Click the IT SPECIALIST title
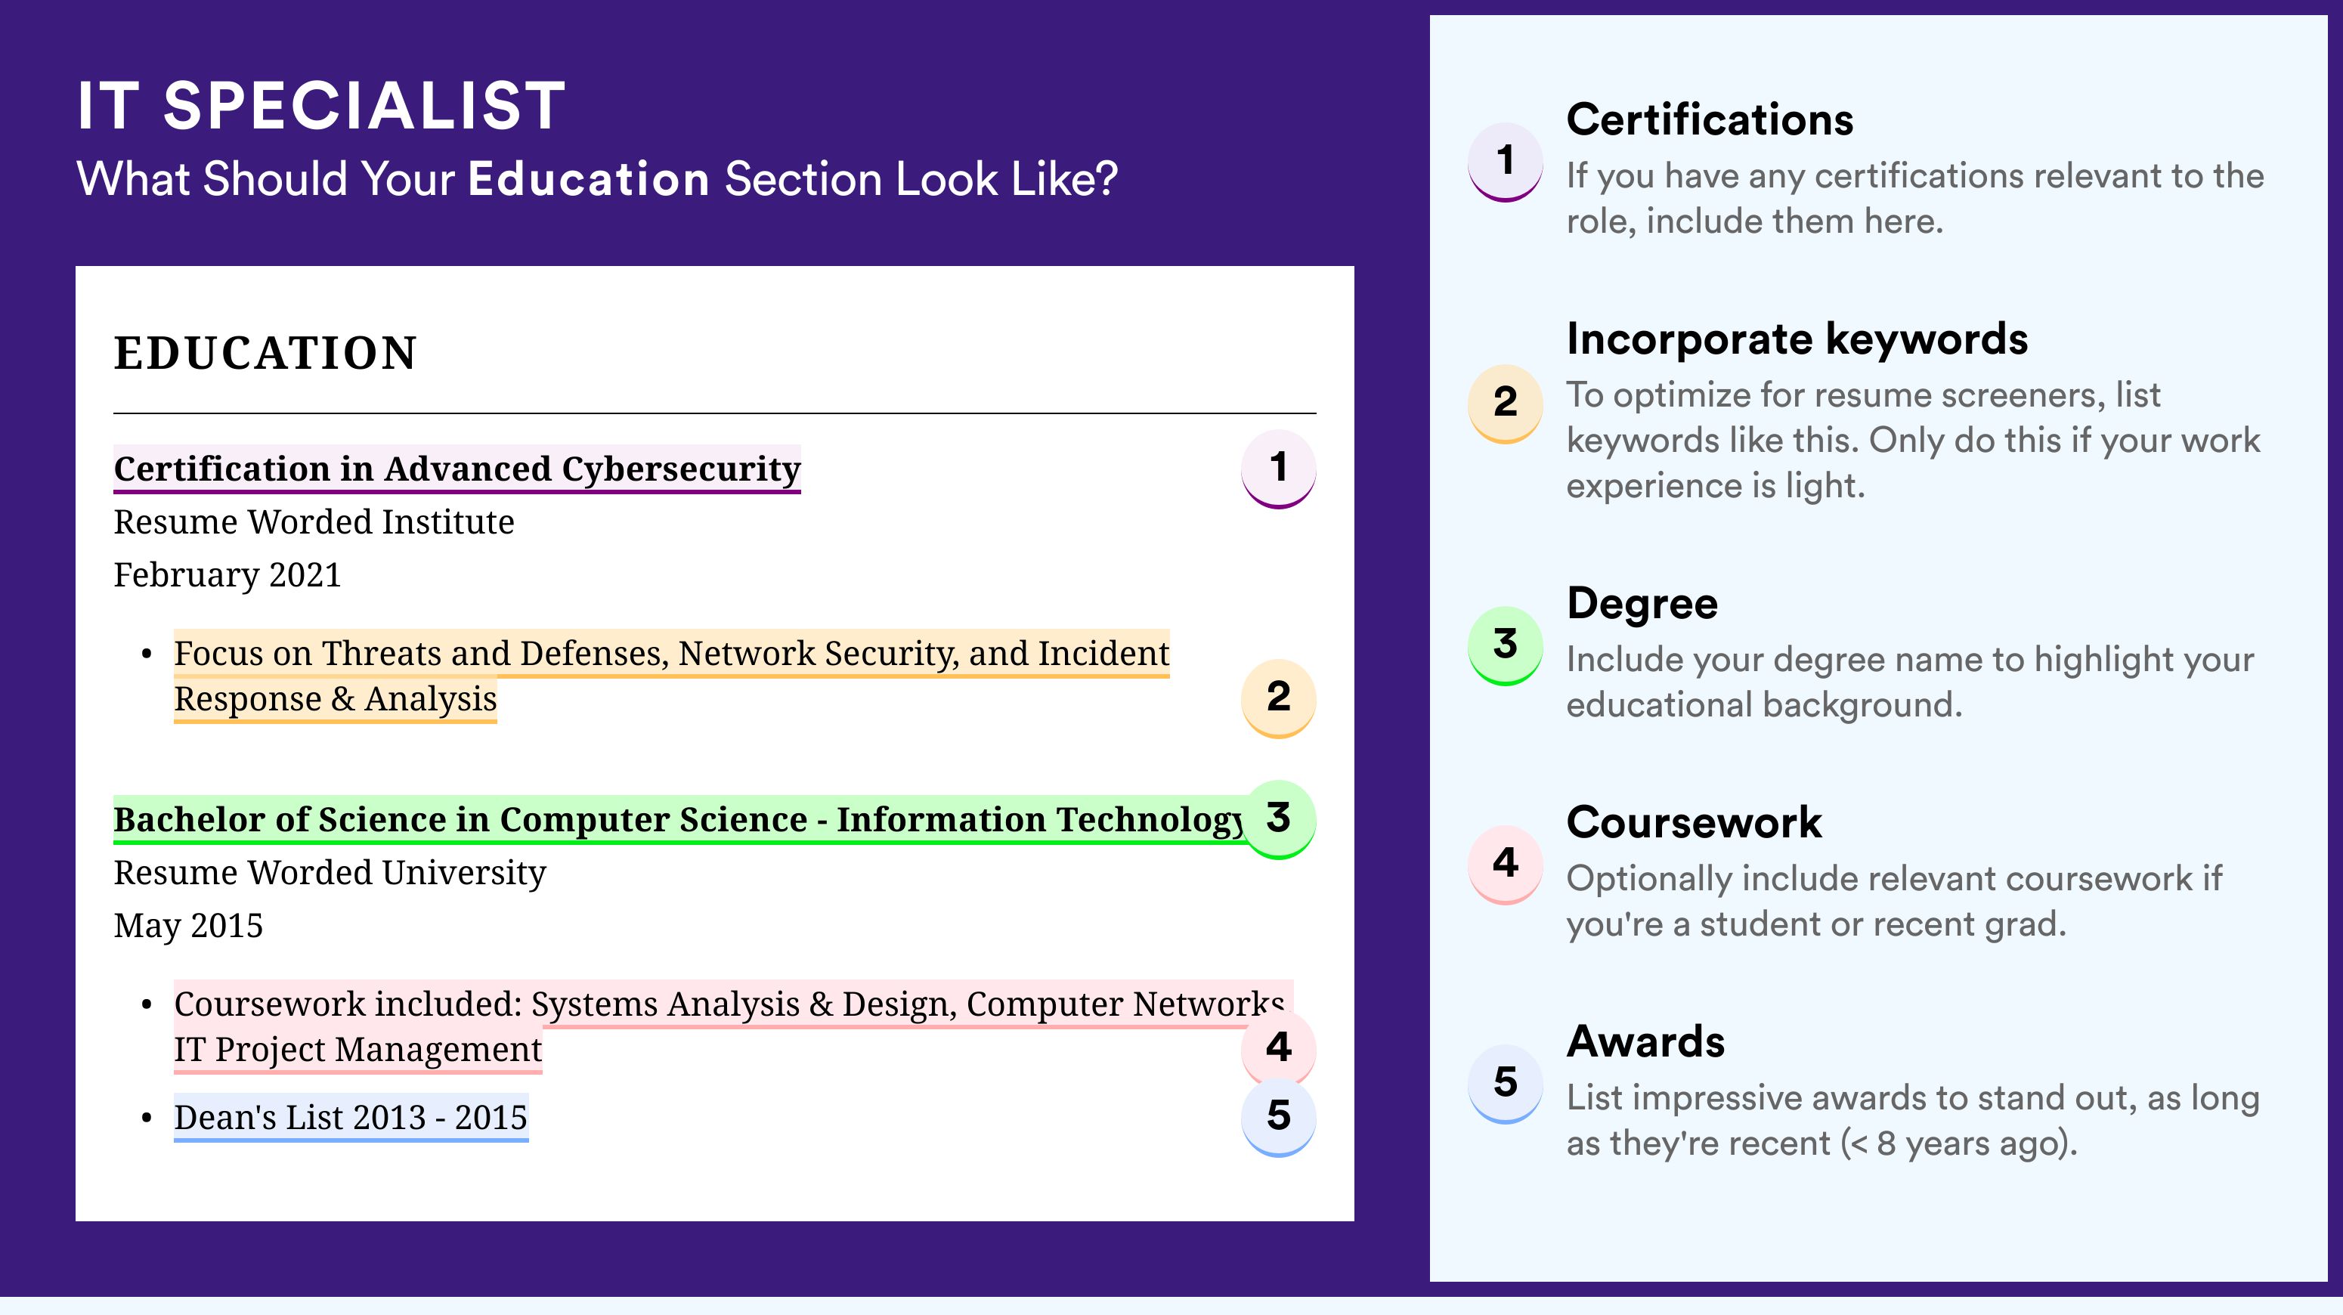pyautogui.click(x=321, y=106)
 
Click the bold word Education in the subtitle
pyautogui.click(x=589, y=178)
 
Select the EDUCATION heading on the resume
pyautogui.click(x=265, y=353)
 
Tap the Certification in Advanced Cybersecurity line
pyautogui.click(x=457, y=469)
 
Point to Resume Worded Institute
pyautogui.click(x=314, y=522)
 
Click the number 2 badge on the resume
pyautogui.click(x=1278, y=698)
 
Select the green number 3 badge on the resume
pyautogui.click(x=1278, y=818)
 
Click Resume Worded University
pyautogui.click(x=330, y=873)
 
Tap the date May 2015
pyautogui.click(x=188, y=926)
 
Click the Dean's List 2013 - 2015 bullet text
pyautogui.click(x=351, y=1117)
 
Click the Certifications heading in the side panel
pyautogui.click(x=1710, y=119)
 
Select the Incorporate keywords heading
pyautogui.click(x=1797, y=340)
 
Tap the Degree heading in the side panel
pyautogui.click(x=1642, y=605)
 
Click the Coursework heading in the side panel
pyautogui.click(x=1694, y=822)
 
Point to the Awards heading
pyautogui.click(x=1645, y=1041)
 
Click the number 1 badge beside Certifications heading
pyautogui.click(x=1506, y=161)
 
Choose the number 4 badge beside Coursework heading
pyautogui.click(x=1506, y=863)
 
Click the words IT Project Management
pyautogui.click(x=357, y=1050)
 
